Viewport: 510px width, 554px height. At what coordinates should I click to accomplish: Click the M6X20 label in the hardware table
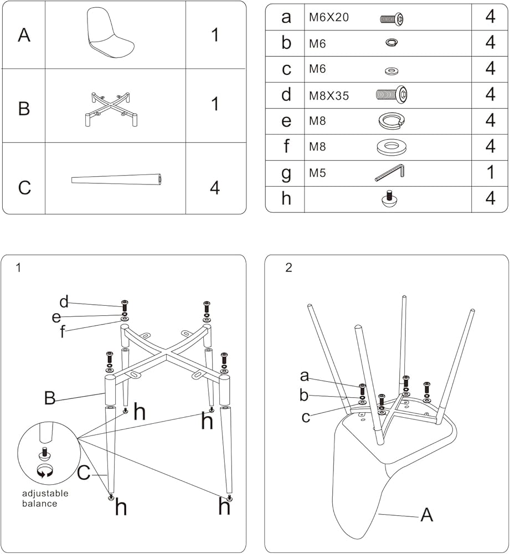(x=329, y=17)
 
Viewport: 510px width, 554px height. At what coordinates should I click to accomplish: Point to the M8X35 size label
(x=329, y=95)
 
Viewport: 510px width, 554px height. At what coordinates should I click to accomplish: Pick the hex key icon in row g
(x=390, y=173)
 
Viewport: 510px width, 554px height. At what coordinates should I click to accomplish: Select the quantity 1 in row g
(x=490, y=173)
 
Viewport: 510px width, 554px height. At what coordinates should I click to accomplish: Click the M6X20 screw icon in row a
(x=391, y=18)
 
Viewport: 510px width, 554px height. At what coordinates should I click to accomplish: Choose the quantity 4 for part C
(x=215, y=188)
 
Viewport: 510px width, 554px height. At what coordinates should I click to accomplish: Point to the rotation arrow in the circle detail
(x=44, y=471)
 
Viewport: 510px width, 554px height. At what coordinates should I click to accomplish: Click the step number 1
(x=19, y=268)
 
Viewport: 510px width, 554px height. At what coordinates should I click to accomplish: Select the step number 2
(x=289, y=268)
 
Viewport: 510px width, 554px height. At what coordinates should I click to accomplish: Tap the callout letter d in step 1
(x=64, y=302)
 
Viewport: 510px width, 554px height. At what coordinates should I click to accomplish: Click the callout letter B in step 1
(x=50, y=398)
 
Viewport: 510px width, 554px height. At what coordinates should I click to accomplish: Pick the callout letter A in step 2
(x=426, y=515)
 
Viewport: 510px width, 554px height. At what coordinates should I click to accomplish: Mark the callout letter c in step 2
(x=306, y=417)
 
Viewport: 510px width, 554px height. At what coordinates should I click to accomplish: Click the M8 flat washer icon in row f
(x=391, y=147)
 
